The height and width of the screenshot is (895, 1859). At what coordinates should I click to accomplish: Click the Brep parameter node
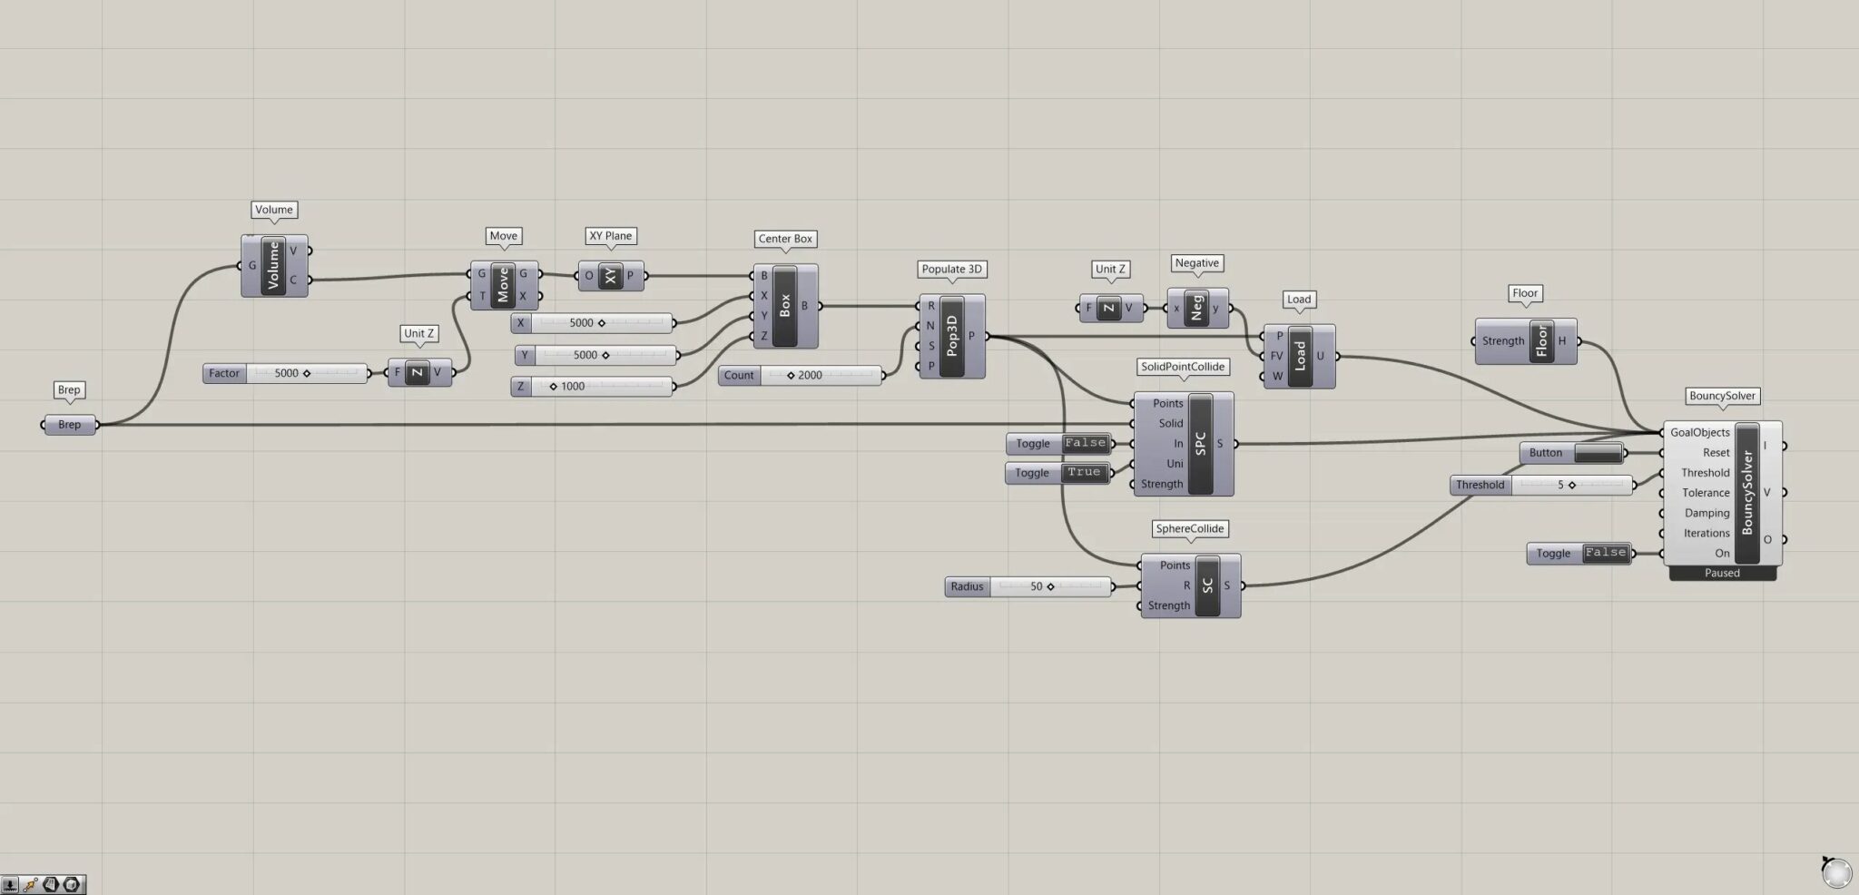70,425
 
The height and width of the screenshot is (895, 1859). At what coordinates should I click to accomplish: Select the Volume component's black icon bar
273,265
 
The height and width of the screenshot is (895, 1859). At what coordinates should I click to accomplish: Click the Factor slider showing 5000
286,373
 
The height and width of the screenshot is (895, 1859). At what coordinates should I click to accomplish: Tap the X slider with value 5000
593,323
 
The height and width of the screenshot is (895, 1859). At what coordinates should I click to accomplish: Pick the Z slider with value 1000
593,387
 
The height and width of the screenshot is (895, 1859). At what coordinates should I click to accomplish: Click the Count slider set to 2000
801,375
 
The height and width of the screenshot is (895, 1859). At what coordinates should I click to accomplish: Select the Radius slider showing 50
1028,586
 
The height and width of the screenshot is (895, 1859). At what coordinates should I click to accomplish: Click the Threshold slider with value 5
1542,485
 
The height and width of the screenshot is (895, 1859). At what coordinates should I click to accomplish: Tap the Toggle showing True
1057,473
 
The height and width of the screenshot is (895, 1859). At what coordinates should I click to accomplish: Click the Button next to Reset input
1572,453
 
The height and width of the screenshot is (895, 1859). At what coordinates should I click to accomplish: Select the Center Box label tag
785,239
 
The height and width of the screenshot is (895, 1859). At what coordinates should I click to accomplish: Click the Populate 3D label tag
951,269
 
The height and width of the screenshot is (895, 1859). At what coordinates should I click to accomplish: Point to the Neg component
1197,309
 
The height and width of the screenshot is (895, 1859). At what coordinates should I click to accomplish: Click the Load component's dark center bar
1299,356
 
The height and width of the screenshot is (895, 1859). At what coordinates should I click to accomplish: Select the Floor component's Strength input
1503,341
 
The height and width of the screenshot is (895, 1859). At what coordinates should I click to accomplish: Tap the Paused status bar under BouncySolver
1722,573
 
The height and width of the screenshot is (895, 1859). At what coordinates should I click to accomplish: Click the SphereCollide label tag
1189,528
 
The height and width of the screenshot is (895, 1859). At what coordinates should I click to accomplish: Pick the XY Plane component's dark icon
610,276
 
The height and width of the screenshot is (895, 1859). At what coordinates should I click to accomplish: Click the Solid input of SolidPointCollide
1170,424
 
